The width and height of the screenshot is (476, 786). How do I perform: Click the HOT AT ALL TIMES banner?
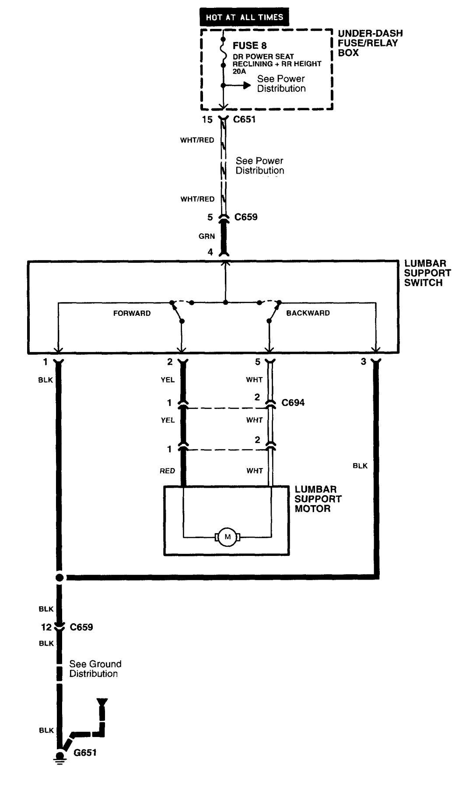(x=244, y=17)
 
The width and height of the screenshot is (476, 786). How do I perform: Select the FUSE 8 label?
(x=249, y=45)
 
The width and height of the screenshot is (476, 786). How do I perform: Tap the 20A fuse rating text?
(x=239, y=71)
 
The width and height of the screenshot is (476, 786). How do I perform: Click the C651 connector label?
(x=245, y=119)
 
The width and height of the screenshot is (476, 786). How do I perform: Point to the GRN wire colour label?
(x=206, y=236)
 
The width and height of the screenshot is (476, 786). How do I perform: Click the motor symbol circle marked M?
(x=227, y=537)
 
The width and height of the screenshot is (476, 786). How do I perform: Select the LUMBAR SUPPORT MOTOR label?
(x=318, y=499)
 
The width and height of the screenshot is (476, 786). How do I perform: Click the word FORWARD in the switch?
(x=132, y=313)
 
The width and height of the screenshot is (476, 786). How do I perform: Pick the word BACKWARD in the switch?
(x=308, y=313)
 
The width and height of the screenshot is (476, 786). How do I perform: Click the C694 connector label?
(x=293, y=402)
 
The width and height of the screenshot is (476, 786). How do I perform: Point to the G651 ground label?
(x=85, y=753)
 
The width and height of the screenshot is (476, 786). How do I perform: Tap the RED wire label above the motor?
(x=167, y=471)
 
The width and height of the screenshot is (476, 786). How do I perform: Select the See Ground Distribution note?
(x=95, y=669)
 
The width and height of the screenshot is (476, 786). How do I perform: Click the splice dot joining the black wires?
(x=59, y=578)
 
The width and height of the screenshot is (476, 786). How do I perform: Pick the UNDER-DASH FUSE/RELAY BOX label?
(x=370, y=43)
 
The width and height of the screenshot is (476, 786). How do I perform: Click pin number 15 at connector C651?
(x=207, y=119)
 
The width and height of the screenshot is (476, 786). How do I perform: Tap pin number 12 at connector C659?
(x=46, y=627)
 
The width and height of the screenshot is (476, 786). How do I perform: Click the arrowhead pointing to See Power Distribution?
(x=247, y=85)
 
